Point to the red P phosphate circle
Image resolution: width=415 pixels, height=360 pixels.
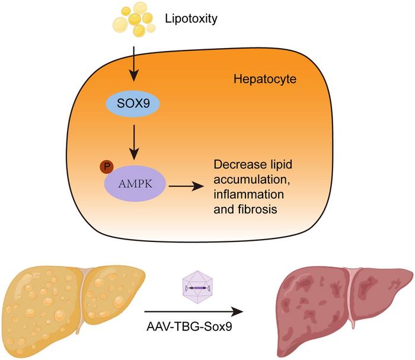[106, 167]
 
